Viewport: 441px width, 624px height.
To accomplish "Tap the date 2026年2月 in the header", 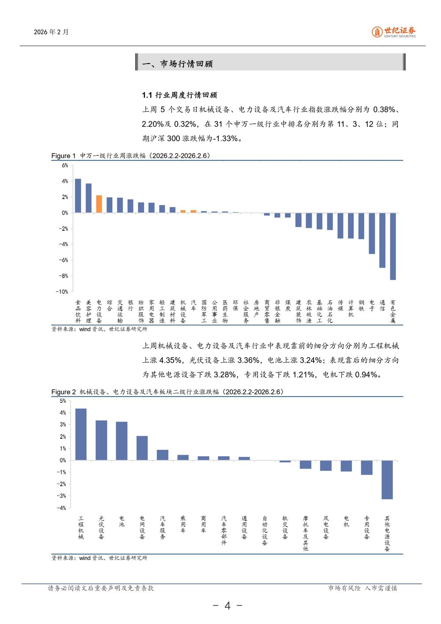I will tap(51, 32).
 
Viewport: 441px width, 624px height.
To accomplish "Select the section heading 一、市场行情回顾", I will tap(177, 64).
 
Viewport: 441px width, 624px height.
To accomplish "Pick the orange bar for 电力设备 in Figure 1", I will tap(99, 204).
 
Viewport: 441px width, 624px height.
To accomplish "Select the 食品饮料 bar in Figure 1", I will tap(78, 196).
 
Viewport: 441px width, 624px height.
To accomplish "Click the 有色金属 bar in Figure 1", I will tap(393, 246).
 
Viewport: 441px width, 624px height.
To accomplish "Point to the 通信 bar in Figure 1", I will tap(382, 240).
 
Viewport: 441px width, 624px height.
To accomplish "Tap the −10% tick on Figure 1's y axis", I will tap(62, 292).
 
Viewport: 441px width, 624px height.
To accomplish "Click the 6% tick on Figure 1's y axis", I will tap(65, 165).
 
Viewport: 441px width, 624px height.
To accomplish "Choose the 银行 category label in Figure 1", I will tap(131, 305).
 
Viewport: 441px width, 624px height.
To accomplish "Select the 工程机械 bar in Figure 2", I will tap(81, 435).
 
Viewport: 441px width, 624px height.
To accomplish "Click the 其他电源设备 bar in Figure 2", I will tap(387, 480).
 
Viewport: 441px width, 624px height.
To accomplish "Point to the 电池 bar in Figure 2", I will tap(122, 441).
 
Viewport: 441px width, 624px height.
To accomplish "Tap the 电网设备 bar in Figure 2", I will tap(142, 448).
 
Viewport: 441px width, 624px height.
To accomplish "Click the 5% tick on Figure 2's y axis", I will tap(63, 401).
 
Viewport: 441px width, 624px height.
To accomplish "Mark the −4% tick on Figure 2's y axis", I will tap(61, 508).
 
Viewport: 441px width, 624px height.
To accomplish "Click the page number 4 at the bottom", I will tap(228, 605).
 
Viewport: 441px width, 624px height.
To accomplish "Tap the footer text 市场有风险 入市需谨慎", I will tap(363, 588).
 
